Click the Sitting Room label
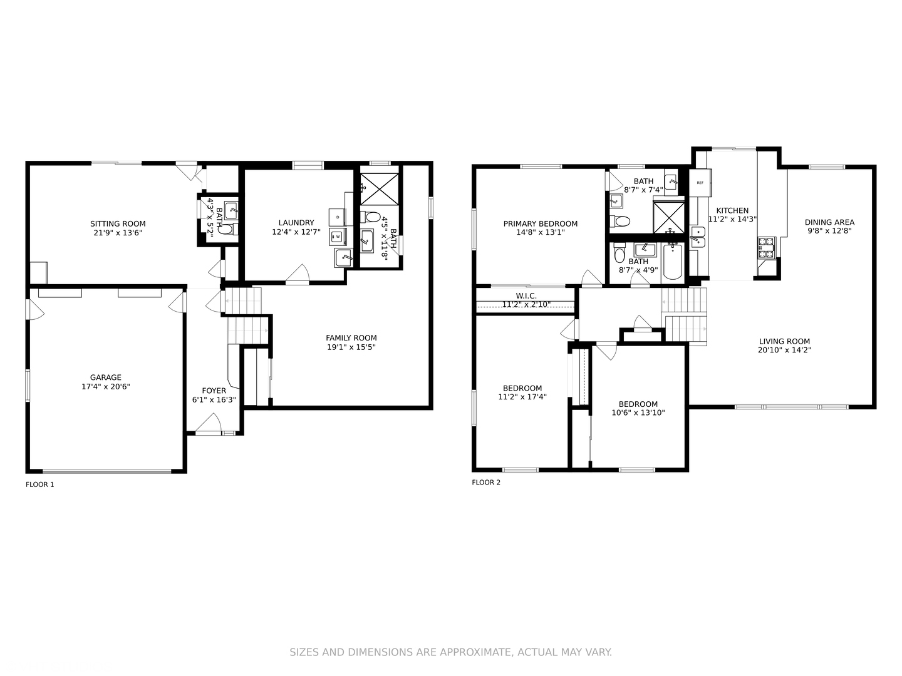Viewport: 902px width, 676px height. [118, 223]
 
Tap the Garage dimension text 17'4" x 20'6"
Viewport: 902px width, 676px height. [106, 386]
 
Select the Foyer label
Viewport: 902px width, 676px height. [214, 391]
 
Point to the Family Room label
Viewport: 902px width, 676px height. [351, 338]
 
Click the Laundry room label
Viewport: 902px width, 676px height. [296, 223]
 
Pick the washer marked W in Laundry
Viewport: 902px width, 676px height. [338, 237]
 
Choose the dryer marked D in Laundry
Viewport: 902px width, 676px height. [338, 217]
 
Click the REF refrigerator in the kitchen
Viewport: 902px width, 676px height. [700, 183]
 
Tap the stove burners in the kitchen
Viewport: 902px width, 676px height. [767, 247]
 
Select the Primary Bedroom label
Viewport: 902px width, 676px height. [541, 223]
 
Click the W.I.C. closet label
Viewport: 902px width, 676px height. [526, 296]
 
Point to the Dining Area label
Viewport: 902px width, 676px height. [829, 222]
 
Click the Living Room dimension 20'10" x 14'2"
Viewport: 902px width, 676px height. [784, 350]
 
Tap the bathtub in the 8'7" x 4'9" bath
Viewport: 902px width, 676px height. [673, 261]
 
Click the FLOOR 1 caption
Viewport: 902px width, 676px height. [40, 484]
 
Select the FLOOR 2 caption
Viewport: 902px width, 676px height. [486, 482]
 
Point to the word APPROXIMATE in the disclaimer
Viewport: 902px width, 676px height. [479, 652]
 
